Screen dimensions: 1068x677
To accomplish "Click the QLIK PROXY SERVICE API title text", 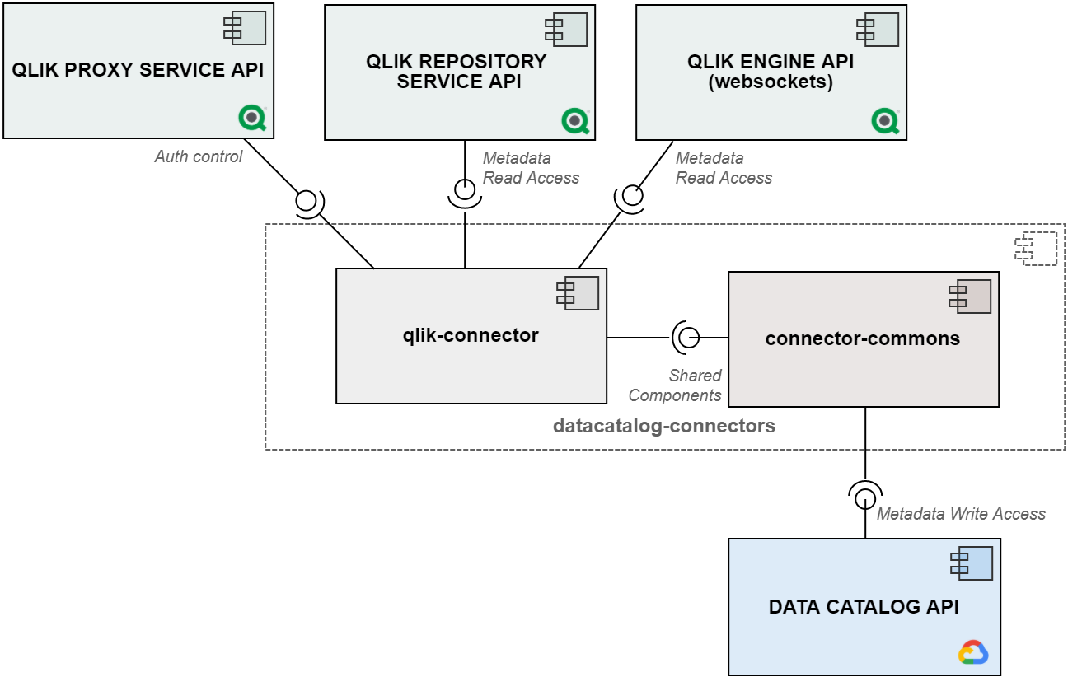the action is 138,69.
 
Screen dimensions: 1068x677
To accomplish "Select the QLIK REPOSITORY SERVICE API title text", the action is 457,72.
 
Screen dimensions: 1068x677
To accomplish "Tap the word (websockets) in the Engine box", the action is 771,82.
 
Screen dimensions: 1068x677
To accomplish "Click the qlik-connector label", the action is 471,335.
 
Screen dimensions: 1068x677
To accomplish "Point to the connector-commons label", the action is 863,338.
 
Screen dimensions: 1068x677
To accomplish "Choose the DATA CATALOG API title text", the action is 864,606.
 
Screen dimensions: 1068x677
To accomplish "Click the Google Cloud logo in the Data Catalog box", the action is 973,652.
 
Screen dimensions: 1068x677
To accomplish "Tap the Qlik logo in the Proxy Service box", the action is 252,118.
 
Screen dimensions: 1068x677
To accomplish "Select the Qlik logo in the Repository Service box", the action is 575,120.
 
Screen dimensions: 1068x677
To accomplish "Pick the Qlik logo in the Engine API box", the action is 885,120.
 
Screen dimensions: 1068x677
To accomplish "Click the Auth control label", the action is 199,156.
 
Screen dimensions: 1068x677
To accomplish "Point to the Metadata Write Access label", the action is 961,514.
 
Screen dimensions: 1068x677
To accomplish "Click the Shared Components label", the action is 675,385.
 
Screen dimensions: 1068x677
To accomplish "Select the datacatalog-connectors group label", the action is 663,426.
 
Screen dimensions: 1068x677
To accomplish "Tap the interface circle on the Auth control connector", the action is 306,201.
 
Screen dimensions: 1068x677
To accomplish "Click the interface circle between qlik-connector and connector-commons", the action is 689,338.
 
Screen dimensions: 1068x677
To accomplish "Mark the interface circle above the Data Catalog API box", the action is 865,499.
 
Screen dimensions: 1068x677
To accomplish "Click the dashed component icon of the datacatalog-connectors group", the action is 1036,248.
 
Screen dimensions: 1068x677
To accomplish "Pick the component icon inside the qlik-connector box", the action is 578,293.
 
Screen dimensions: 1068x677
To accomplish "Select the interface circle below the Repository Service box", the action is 465,189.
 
